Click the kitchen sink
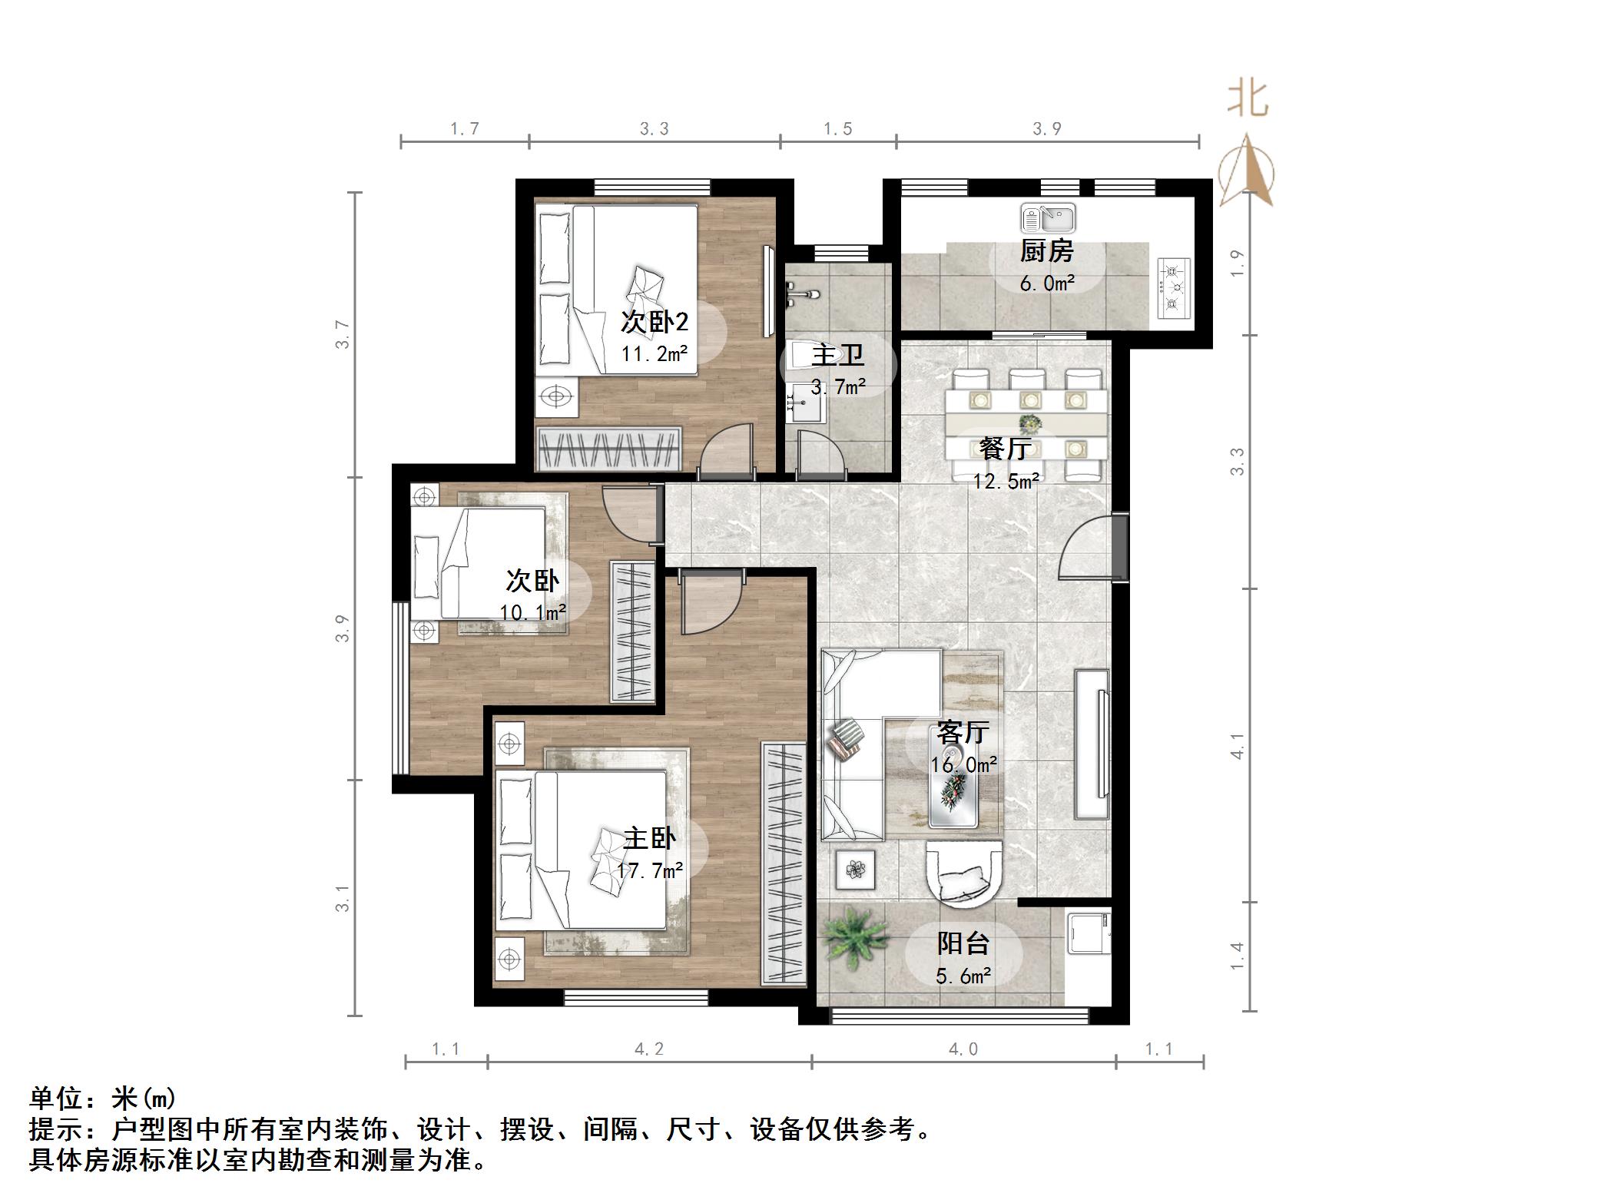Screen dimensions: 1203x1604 pos(1048,219)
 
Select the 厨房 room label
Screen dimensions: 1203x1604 pos(1046,251)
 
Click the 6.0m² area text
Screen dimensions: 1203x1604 pos(1046,283)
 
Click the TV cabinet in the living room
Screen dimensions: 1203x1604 pos(1092,744)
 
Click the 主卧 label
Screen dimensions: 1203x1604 pos(649,838)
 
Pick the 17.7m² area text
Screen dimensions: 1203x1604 pos(649,870)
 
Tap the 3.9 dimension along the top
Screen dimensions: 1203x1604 pos(1046,129)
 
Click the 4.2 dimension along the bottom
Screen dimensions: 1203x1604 pos(649,1049)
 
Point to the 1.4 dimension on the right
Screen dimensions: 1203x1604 pos(1237,956)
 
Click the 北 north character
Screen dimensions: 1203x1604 pos(1247,101)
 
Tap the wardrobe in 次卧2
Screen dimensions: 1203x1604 pos(609,449)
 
